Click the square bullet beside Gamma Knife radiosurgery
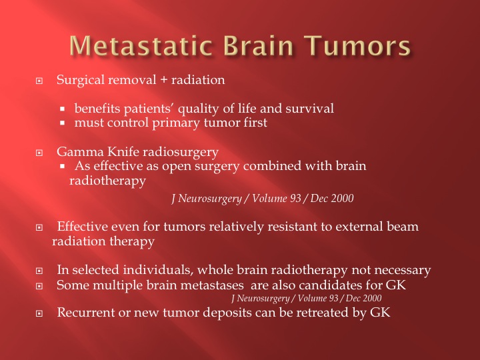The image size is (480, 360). click(x=39, y=153)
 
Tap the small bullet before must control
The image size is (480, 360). click(x=63, y=123)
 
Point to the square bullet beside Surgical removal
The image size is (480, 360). click(x=39, y=81)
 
